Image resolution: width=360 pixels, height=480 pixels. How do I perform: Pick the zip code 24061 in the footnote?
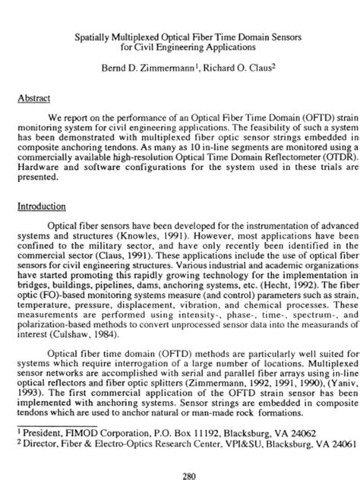click(341, 463)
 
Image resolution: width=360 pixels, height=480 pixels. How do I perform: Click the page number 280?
click(180, 475)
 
